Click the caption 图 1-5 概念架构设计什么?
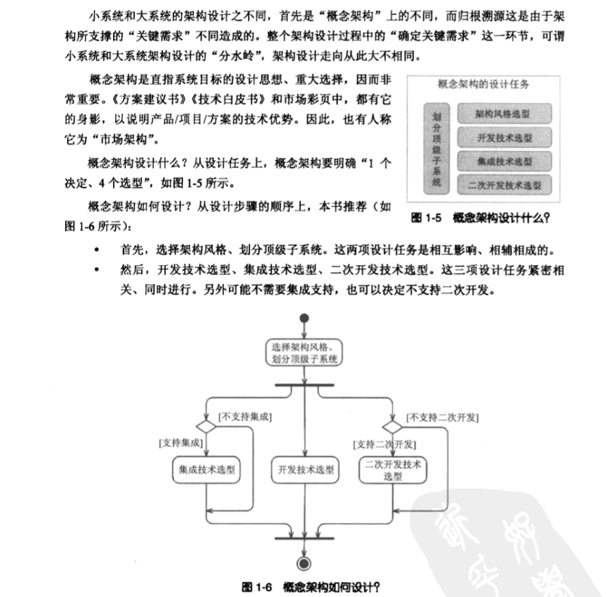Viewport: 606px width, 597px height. click(481, 219)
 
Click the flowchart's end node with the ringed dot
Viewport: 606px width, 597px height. click(303, 563)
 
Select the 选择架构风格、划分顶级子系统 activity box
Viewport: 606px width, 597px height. click(304, 352)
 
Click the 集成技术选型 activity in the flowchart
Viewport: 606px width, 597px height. click(206, 470)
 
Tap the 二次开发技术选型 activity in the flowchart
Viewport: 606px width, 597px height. click(393, 470)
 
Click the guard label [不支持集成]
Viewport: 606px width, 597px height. click(245, 416)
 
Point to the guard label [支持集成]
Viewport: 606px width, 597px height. click(180, 443)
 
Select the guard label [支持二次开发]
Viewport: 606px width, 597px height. click(385, 444)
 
